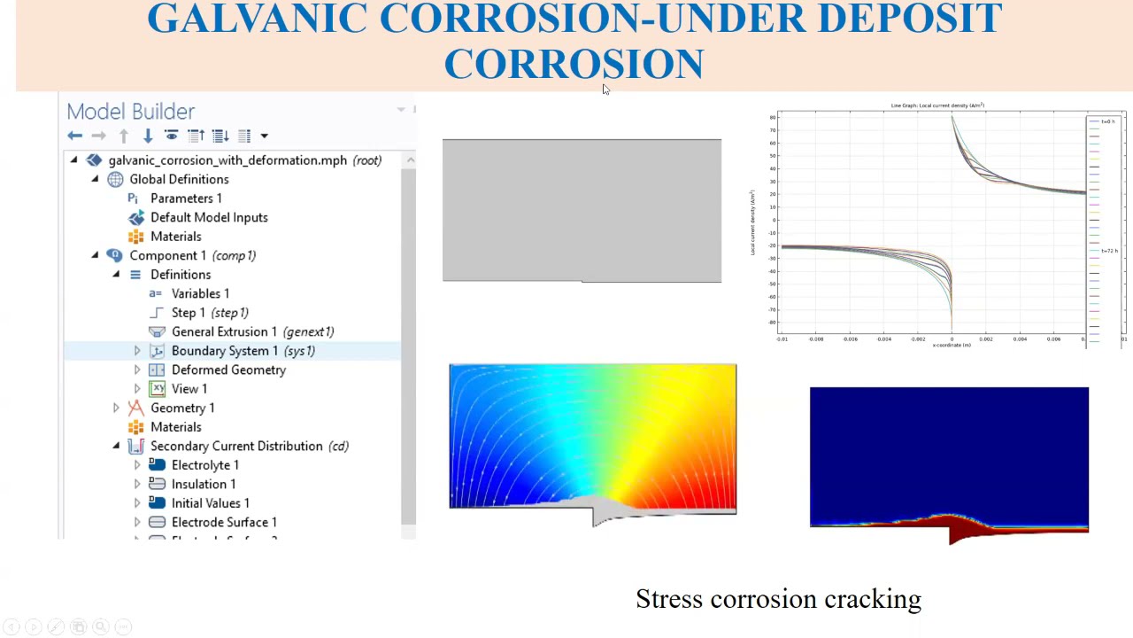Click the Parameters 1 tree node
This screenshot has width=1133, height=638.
[186, 198]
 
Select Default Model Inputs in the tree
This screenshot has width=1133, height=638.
[209, 217]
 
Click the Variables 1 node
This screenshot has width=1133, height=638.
[200, 293]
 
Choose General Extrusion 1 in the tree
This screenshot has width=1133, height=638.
[224, 331]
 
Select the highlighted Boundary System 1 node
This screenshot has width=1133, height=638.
[225, 351]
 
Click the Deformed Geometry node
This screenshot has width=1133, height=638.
[228, 370]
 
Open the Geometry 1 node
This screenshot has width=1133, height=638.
[182, 408]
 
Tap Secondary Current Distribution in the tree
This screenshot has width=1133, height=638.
[236, 446]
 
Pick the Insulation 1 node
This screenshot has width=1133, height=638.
[204, 484]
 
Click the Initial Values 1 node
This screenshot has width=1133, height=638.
[211, 503]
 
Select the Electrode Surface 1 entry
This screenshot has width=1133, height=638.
[224, 522]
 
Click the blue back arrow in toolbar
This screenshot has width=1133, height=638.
[75, 136]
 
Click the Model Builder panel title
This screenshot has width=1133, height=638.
[130, 111]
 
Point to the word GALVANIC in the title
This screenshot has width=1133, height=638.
[256, 19]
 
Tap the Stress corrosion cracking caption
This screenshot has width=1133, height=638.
[778, 599]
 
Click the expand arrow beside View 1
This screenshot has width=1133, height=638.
[137, 389]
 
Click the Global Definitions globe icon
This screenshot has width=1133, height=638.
[115, 179]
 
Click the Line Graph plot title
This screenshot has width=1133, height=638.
[937, 105]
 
